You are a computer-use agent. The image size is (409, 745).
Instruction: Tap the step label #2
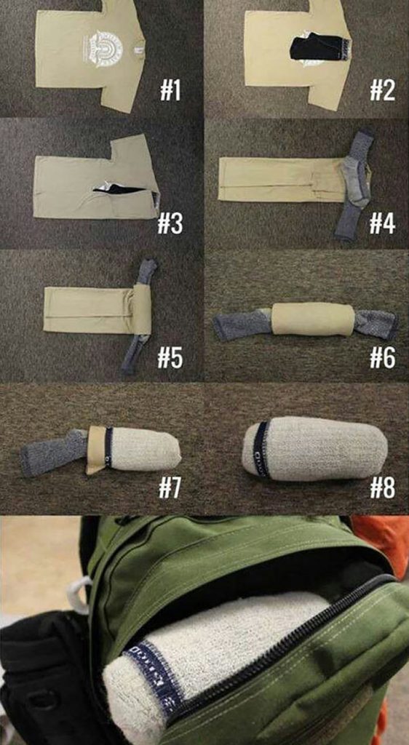(381, 92)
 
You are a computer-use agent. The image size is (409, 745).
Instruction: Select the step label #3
(170, 223)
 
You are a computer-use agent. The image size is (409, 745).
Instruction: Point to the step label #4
(381, 223)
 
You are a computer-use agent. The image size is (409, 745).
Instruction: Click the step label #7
(170, 487)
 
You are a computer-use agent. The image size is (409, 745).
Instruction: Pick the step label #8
(381, 487)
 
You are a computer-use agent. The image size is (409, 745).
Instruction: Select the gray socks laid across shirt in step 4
(354, 185)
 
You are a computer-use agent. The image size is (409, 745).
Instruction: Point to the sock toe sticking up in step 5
(147, 270)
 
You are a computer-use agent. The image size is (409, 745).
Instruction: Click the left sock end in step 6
(240, 325)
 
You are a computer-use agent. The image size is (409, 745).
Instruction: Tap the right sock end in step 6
(378, 324)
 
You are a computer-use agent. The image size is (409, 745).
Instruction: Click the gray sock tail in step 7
(52, 453)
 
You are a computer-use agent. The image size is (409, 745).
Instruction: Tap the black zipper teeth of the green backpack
(306, 640)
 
